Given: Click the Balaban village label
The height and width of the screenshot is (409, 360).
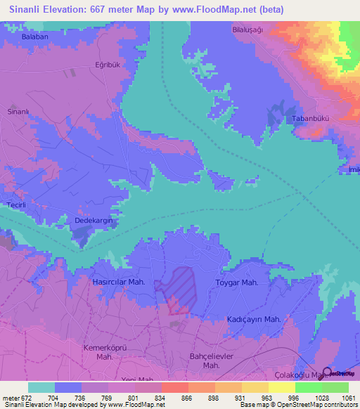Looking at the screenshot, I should pyautogui.click(x=34, y=36).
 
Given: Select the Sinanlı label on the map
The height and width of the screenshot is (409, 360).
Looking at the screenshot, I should pyautogui.click(x=18, y=112).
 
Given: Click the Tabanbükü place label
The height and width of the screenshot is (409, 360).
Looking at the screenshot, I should pyautogui.click(x=311, y=119).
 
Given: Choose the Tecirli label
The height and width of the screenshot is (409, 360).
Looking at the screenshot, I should pyautogui.click(x=16, y=204).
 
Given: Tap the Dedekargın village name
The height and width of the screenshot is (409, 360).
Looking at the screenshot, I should pyautogui.click(x=95, y=221).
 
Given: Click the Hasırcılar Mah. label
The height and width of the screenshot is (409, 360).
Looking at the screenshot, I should pyautogui.click(x=119, y=282).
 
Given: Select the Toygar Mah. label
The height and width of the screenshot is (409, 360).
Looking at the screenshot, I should pyautogui.click(x=236, y=283).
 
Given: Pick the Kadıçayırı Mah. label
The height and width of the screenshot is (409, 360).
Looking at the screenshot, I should pyautogui.click(x=254, y=319).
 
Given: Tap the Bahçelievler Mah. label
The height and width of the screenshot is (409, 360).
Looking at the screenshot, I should pyautogui.click(x=212, y=361).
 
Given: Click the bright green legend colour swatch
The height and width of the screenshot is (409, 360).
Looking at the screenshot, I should pyautogui.click(x=308, y=387).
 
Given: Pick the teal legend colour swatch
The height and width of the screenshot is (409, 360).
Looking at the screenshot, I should pyautogui.click(x=41, y=387).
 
